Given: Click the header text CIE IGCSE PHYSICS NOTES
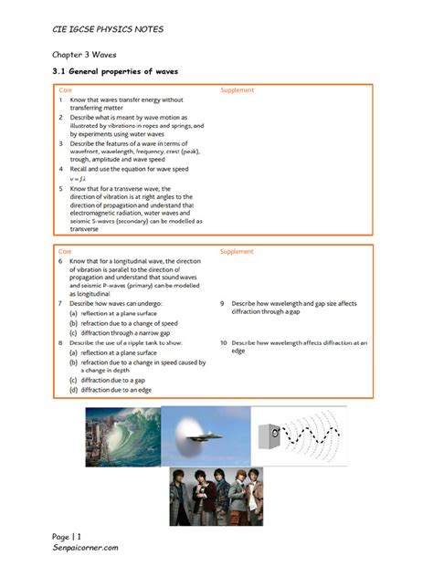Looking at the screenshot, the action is (x=108, y=29).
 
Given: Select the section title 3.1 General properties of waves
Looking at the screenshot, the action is (x=114, y=71).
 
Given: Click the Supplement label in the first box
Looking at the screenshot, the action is (x=238, y=90).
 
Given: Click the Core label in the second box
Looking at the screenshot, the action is (x=65, y=250).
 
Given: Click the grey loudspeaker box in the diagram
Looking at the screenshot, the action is (x=266, y=435).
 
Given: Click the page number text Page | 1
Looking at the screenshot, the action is (x=67, y=534).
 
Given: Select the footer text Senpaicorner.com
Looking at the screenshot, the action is (x=86, y=546).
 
